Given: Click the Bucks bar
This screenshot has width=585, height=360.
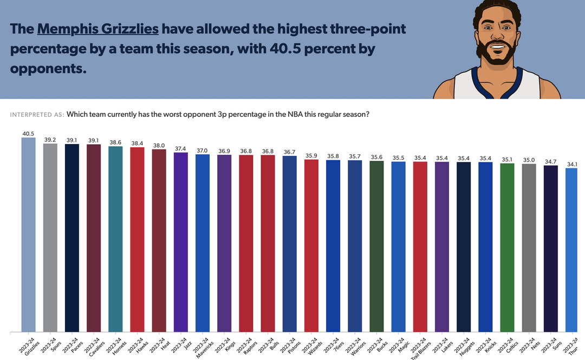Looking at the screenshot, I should [376, 246].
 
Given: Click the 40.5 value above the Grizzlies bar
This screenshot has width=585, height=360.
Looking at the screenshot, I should [28, 133].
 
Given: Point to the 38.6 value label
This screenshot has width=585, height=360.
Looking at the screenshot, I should [115, 142].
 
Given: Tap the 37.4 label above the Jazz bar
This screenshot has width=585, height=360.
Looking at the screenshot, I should [180, 148].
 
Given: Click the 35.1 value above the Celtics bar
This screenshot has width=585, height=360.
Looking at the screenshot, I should [507, 159].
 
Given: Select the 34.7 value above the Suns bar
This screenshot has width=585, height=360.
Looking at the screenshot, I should [550, 161].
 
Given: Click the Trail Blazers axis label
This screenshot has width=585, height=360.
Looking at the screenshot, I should [418, 346].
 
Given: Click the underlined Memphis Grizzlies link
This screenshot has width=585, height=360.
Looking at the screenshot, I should [97, 29].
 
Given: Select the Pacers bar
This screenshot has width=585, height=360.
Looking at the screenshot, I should [72, 238].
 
